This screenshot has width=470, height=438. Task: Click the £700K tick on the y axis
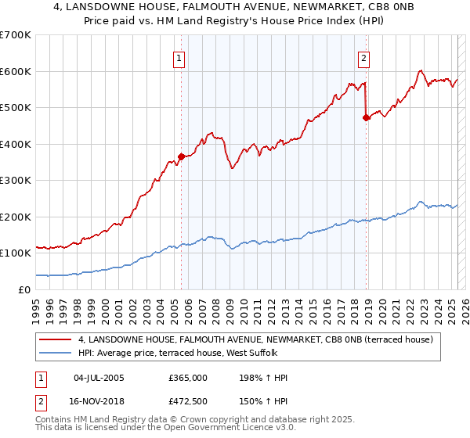tap(15, 35)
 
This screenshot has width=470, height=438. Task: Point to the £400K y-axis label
tap(15, 144)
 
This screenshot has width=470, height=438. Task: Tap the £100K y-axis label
tap(15, 253)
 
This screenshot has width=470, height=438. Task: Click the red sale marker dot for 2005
tap(181, 156)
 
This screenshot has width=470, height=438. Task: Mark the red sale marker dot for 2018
tap(366, 117)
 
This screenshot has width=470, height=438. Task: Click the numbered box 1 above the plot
tap(179, 58)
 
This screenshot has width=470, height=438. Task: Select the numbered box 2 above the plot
tap(364, 58)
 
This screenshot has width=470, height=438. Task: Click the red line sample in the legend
tap(56, 339)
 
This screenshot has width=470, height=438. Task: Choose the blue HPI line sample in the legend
tap(56, 353)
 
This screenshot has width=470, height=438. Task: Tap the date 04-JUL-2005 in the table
tap(99, 378)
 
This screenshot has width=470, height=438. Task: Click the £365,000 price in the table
tap(188, 378)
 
